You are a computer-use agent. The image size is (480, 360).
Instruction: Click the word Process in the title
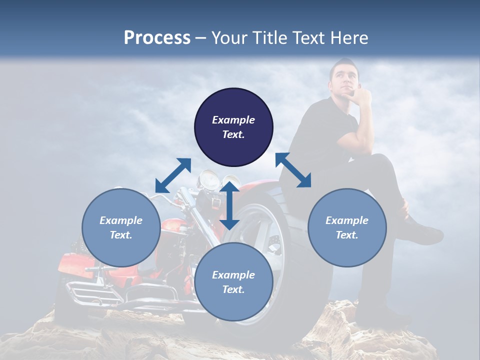(157, 38)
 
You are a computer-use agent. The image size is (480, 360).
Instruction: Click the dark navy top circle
(233, 105)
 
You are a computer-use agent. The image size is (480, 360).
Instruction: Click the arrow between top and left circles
(173, 175)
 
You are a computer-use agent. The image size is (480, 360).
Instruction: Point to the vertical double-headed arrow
(229, 205)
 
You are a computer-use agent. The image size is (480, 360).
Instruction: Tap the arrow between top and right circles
(293, 170)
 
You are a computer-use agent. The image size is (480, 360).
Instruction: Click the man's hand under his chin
(361, 95)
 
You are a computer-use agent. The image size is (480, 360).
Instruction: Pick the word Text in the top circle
(233, 134)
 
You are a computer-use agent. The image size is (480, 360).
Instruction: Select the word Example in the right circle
(347, 220)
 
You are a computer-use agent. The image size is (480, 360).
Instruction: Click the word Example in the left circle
(121, 220)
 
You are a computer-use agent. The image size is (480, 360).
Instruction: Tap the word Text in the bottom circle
(233, 289)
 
